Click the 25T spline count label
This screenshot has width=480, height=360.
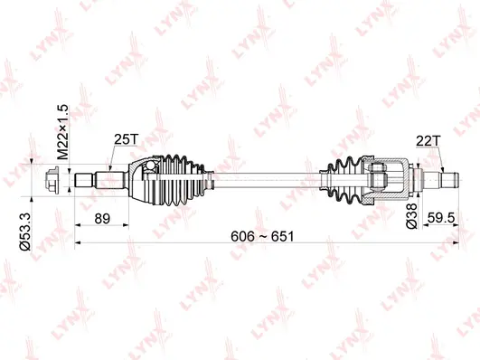(x=126, y=141)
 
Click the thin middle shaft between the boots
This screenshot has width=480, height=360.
(x=262, y=178)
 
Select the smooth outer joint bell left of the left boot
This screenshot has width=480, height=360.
(x=140, y=178)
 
